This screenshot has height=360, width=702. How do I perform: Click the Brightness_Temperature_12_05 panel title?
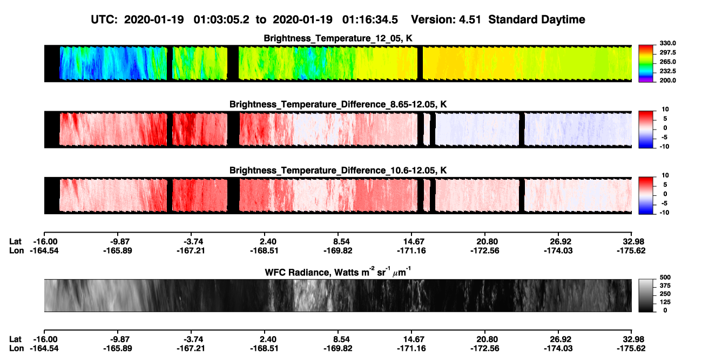click(338, 38)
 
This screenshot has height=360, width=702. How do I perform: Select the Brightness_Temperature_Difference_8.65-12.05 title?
click(338, 104)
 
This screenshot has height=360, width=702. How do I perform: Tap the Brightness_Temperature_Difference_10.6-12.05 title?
click(338, 171)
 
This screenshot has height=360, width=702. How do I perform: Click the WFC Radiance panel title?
click(338, 272)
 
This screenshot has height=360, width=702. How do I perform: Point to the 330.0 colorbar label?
click(667, 43)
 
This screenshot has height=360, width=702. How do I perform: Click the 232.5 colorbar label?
click(667, 71)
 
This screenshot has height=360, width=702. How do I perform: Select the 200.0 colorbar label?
click(667, 80)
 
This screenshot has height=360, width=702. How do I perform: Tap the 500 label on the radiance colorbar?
click(665, 277)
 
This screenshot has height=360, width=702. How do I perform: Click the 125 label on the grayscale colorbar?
click(665, 302)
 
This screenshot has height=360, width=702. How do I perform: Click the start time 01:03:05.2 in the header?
click(221, 20)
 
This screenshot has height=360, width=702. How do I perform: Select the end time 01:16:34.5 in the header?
click(370, 20)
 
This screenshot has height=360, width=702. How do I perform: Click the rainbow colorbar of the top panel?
click(646, 64)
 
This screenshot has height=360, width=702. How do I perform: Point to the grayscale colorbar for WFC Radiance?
click(646, 295)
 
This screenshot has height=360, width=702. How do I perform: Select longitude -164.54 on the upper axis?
click(44, 250)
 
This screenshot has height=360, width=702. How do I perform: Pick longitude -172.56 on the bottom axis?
click(485, 349)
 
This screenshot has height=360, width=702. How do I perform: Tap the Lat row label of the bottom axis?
click(15, 339)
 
